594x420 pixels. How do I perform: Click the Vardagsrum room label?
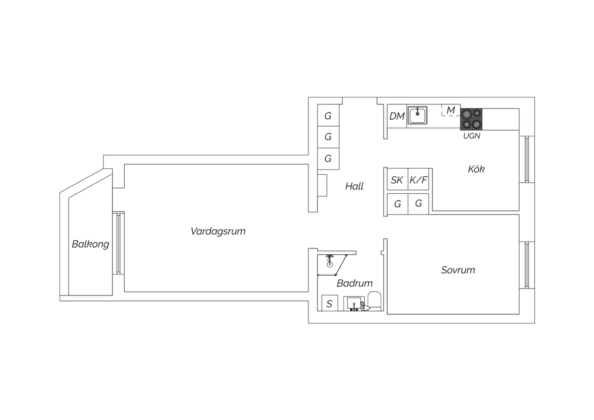(218, 231)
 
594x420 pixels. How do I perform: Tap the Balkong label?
(90, 244)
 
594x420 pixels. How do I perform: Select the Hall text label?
(354, 186)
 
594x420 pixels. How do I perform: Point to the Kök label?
(476, 169)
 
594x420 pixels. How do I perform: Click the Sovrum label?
(458, 270)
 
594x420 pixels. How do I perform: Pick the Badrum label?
(354, 283)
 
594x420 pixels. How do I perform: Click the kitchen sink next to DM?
(417, 115)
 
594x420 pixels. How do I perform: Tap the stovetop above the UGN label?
(471, 119)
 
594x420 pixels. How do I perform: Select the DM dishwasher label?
(397, 116)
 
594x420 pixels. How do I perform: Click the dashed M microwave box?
(451, 110)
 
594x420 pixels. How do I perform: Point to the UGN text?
(472, 136)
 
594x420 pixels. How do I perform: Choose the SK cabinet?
(397, 179)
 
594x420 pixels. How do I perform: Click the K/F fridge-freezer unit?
(418, 179)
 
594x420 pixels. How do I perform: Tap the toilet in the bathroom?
(374, 301)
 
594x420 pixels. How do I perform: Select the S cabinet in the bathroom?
(329, 303)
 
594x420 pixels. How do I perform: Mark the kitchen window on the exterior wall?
(527, 159)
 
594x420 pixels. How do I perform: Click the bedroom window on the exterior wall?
(527, 265)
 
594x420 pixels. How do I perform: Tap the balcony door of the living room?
(118, 243)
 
